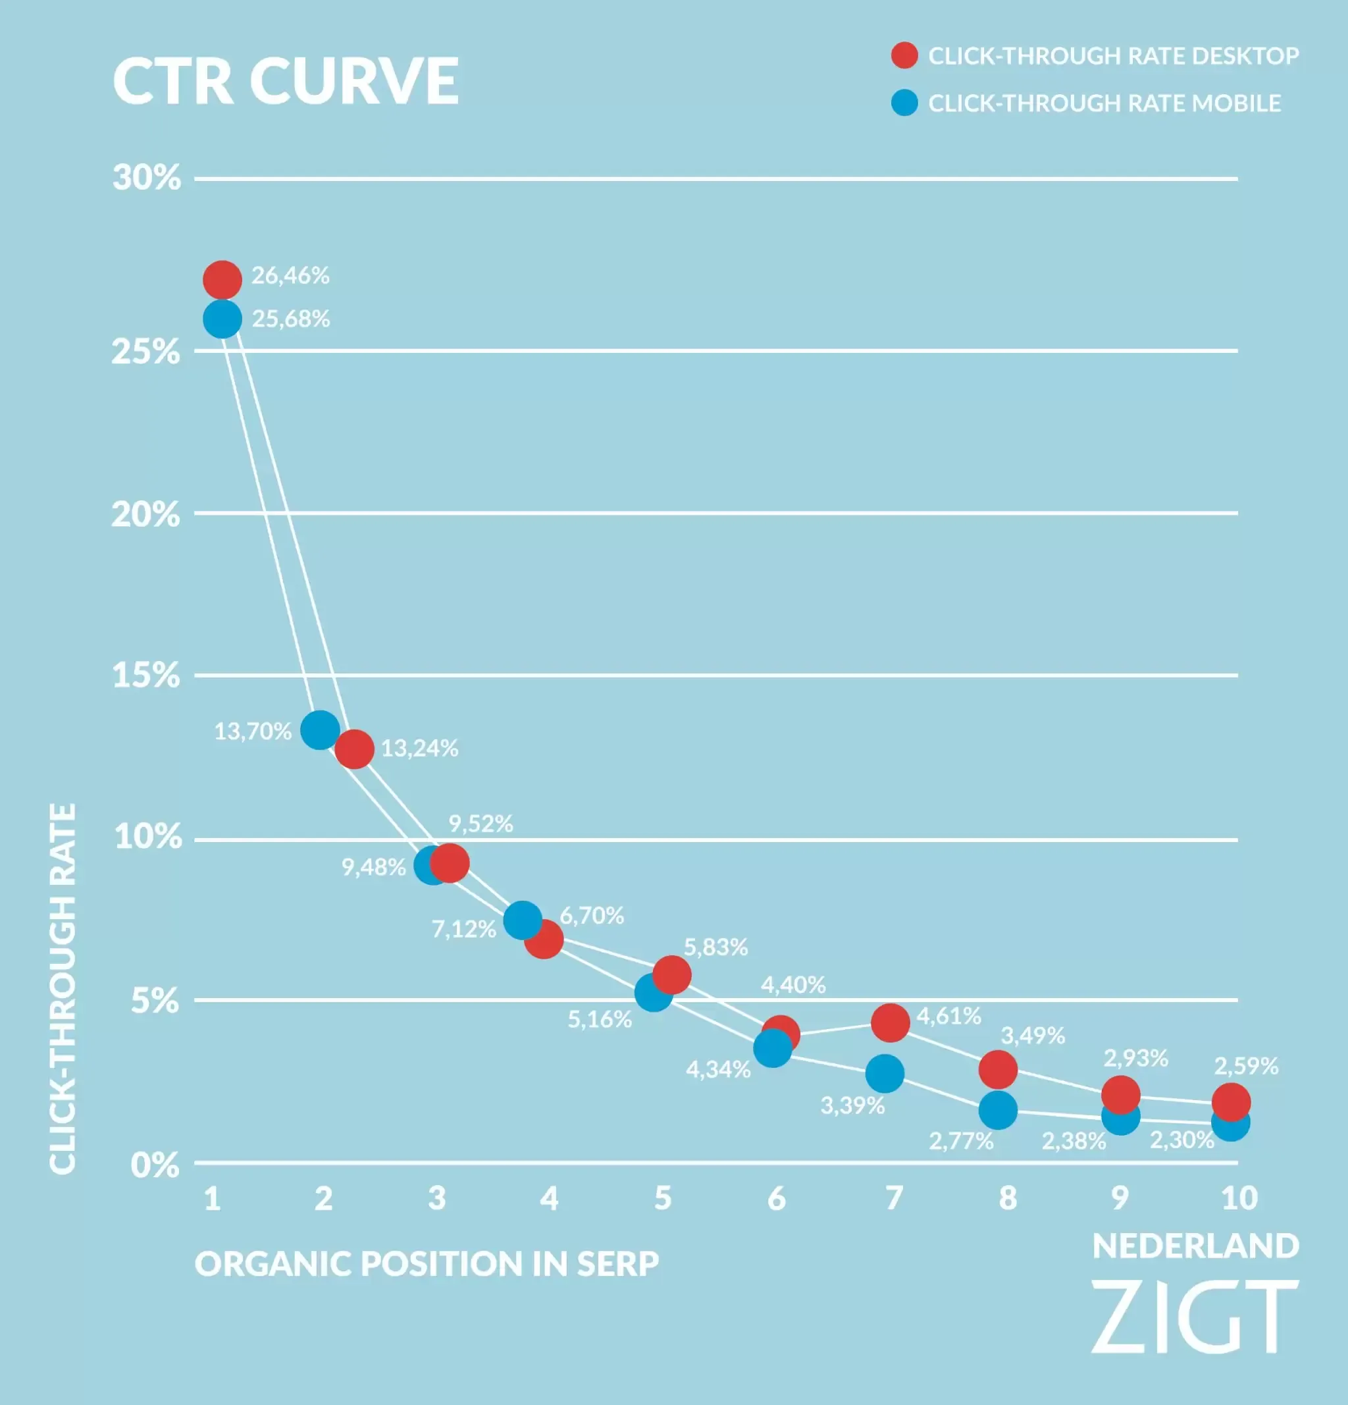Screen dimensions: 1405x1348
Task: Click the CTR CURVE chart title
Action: click(x=285, y=80)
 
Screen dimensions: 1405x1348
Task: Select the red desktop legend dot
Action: click(x=904, y=55)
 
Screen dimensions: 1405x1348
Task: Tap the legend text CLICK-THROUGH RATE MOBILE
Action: click(x=1104, y=103)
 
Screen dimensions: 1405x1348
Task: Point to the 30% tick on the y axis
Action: click(x=147, y=177)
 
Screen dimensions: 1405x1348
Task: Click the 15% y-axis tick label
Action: click(x=146, y=676)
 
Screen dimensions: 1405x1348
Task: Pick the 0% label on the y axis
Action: click(x=155, y=1165)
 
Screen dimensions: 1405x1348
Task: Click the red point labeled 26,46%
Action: click(x=222, y=280)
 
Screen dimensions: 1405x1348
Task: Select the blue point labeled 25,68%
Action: click(x=222, y=319)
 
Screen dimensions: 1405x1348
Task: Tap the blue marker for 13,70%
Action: click(x=320, y=730)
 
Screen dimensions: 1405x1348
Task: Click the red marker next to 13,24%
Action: click(x=354, y=749)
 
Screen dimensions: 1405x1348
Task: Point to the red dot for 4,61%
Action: click(x=891, y=1022)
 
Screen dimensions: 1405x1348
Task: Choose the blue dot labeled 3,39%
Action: click(x=885, y=1073)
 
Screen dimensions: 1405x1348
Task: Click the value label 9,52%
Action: click(x=481, y=824)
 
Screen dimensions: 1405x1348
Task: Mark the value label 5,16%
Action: click(x=600, y=1019)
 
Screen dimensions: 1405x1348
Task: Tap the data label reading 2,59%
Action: click(x=1245, y=1066)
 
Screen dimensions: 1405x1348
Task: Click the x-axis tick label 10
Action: click(x=1239, y=1198)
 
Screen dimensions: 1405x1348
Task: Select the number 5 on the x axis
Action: click(x=663, y=1198)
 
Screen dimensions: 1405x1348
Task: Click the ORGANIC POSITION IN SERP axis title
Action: click(x=427, y=1263)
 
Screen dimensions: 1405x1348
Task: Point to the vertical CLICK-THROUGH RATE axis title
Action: click(x=63, y=990)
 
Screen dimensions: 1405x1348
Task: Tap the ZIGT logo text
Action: click(x=1195, y=1317)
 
